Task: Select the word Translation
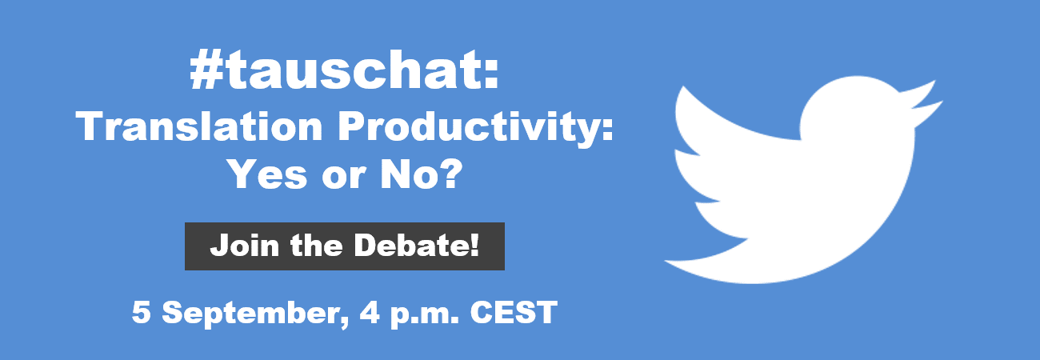[199, 126]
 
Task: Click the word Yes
[268, 174]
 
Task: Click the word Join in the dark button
[245, 245]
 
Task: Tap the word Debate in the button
[411, 245]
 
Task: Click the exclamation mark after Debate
[474, 245]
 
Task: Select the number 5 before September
[142, 312]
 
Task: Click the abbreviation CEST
[514, 312]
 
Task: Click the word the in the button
[317, 245]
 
